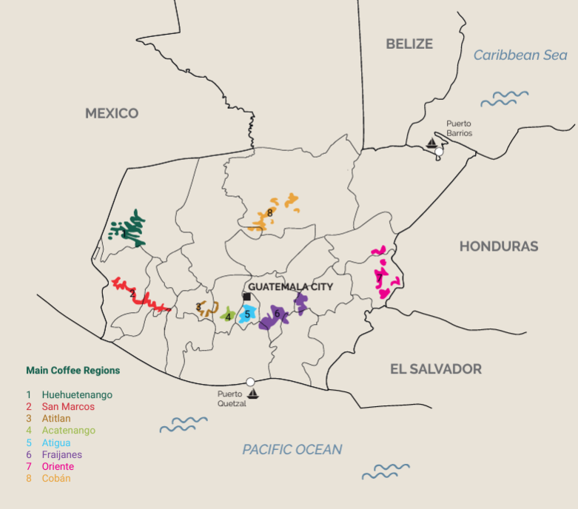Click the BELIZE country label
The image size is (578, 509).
coord(409,44)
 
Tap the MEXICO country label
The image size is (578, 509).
coord(112,113)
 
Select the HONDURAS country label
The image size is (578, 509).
coord(499,246)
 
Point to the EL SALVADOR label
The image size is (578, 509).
coord(436,368)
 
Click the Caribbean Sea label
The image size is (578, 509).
coord(520,55)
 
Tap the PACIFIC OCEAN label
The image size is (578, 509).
coord(292,449)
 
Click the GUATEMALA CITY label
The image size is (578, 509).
coord(290,286)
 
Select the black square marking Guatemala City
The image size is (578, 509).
coord(246,297)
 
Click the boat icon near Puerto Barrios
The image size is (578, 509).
coord(431,143)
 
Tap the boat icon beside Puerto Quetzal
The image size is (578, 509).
coord(253,394)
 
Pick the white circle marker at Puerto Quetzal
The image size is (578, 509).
coord(250,382)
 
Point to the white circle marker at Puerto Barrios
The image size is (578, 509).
coord(439,152)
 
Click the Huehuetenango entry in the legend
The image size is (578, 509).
coord(77,394)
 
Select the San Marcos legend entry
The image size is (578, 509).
coord(68,406)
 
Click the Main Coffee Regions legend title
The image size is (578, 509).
coord(73,370)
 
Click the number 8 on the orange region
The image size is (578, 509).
coord(271,213)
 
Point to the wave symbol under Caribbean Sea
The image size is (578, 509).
coord(505,97)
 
